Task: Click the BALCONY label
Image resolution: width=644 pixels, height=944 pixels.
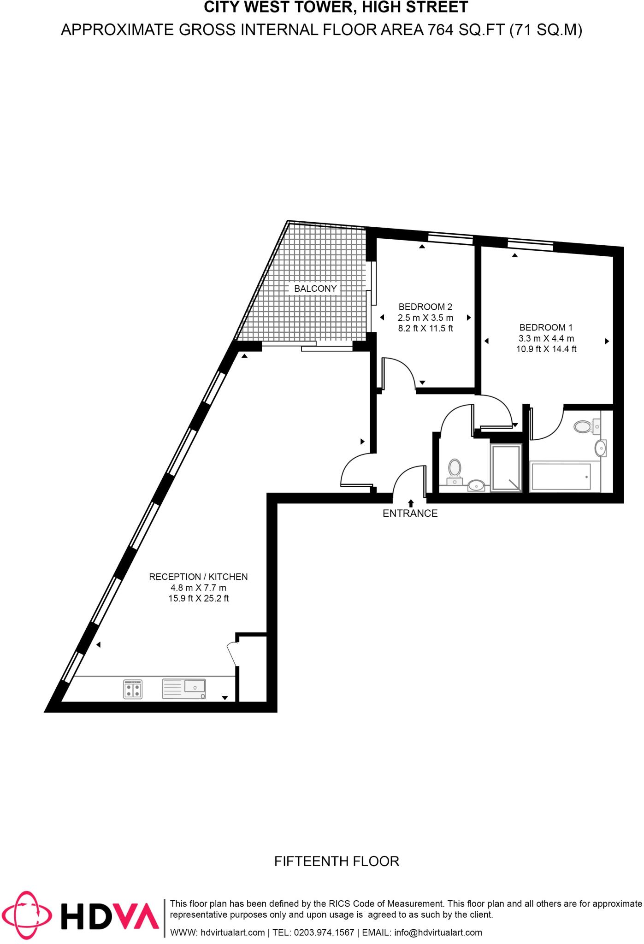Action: (x=315, y=289)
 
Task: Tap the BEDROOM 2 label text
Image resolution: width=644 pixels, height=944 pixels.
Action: (x=425, y=307)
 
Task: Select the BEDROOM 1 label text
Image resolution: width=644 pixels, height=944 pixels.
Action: (x=546, y=327)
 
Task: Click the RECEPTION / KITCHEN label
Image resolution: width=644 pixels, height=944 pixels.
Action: (x=198, y=577)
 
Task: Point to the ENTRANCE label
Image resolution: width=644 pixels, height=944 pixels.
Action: (x=410, y=513)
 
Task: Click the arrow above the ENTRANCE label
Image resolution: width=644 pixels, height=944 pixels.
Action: (x=410, y=503)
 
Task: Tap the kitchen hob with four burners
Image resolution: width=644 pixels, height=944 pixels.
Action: (x=133, y=689)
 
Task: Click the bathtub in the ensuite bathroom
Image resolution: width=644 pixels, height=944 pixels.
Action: (x=561, y=476)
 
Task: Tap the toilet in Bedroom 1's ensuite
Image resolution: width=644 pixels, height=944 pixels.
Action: (x=585, y=426)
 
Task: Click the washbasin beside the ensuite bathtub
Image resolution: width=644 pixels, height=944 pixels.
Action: (x=601, y=448)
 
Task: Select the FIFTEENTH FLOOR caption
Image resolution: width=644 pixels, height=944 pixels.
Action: (x=337, y=861)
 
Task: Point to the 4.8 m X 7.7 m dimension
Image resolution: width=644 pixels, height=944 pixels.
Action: (x=198, y=588)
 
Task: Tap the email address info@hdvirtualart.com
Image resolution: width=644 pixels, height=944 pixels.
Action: (x=438, y=932)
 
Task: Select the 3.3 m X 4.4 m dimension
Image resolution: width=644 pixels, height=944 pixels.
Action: (x=546, y=338)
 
